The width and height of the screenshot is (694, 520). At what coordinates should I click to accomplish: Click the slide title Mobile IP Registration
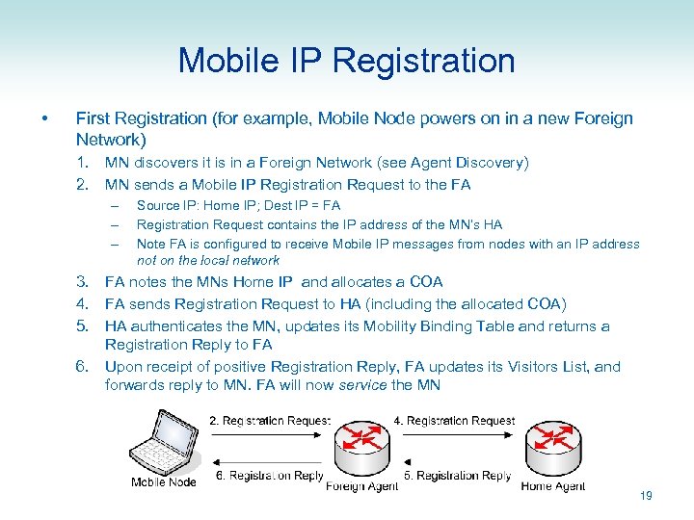[346, 61]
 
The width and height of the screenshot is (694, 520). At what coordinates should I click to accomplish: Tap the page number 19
[646, 496]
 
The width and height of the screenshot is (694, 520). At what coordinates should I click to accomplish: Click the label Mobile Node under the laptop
[163, 482]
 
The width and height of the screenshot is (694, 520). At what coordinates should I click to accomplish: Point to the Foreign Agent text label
[361, 486]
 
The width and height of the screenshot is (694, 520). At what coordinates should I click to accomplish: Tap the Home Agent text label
[552, 486]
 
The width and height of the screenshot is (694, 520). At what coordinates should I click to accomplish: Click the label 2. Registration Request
[270, 421]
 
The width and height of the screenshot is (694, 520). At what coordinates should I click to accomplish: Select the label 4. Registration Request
[454, 421]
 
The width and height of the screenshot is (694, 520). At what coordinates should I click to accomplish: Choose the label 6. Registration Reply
[269, 476]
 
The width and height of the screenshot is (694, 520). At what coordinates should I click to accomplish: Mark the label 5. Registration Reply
[457, 476]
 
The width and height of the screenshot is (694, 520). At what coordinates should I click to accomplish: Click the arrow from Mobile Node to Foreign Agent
[270, 434]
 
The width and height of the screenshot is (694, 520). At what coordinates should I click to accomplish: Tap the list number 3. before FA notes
[86, 282]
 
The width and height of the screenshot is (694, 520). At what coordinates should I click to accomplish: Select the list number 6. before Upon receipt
[86, 367]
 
